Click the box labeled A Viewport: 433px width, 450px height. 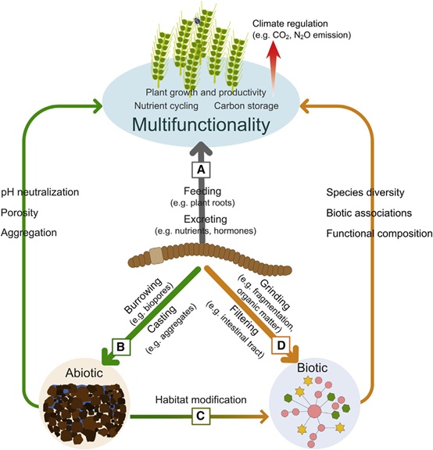(201, 170)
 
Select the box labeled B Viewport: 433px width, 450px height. (121, 347)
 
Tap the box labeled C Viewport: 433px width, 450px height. (201, 416)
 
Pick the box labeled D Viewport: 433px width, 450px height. (281, 345)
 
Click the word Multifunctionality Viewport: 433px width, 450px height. (201, 125)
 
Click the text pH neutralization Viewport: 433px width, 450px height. (40, 192)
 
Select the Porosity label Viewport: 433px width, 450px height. (20, 212)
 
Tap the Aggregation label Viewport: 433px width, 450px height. (29, 233)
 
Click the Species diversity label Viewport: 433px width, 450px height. (365, 192)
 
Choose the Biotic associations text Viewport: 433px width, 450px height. (369, 213)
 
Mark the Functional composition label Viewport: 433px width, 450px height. (379, 234)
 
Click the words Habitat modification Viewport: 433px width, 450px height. (201, 400)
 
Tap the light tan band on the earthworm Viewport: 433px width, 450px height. (156, 256)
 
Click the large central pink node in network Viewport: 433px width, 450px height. (314, 411)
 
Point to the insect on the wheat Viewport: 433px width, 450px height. (197, 20)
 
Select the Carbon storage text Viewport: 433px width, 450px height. (246, 106)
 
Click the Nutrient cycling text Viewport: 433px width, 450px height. (166, 106)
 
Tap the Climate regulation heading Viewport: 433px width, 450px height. (290, 23)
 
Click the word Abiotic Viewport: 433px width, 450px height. (84, 373)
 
